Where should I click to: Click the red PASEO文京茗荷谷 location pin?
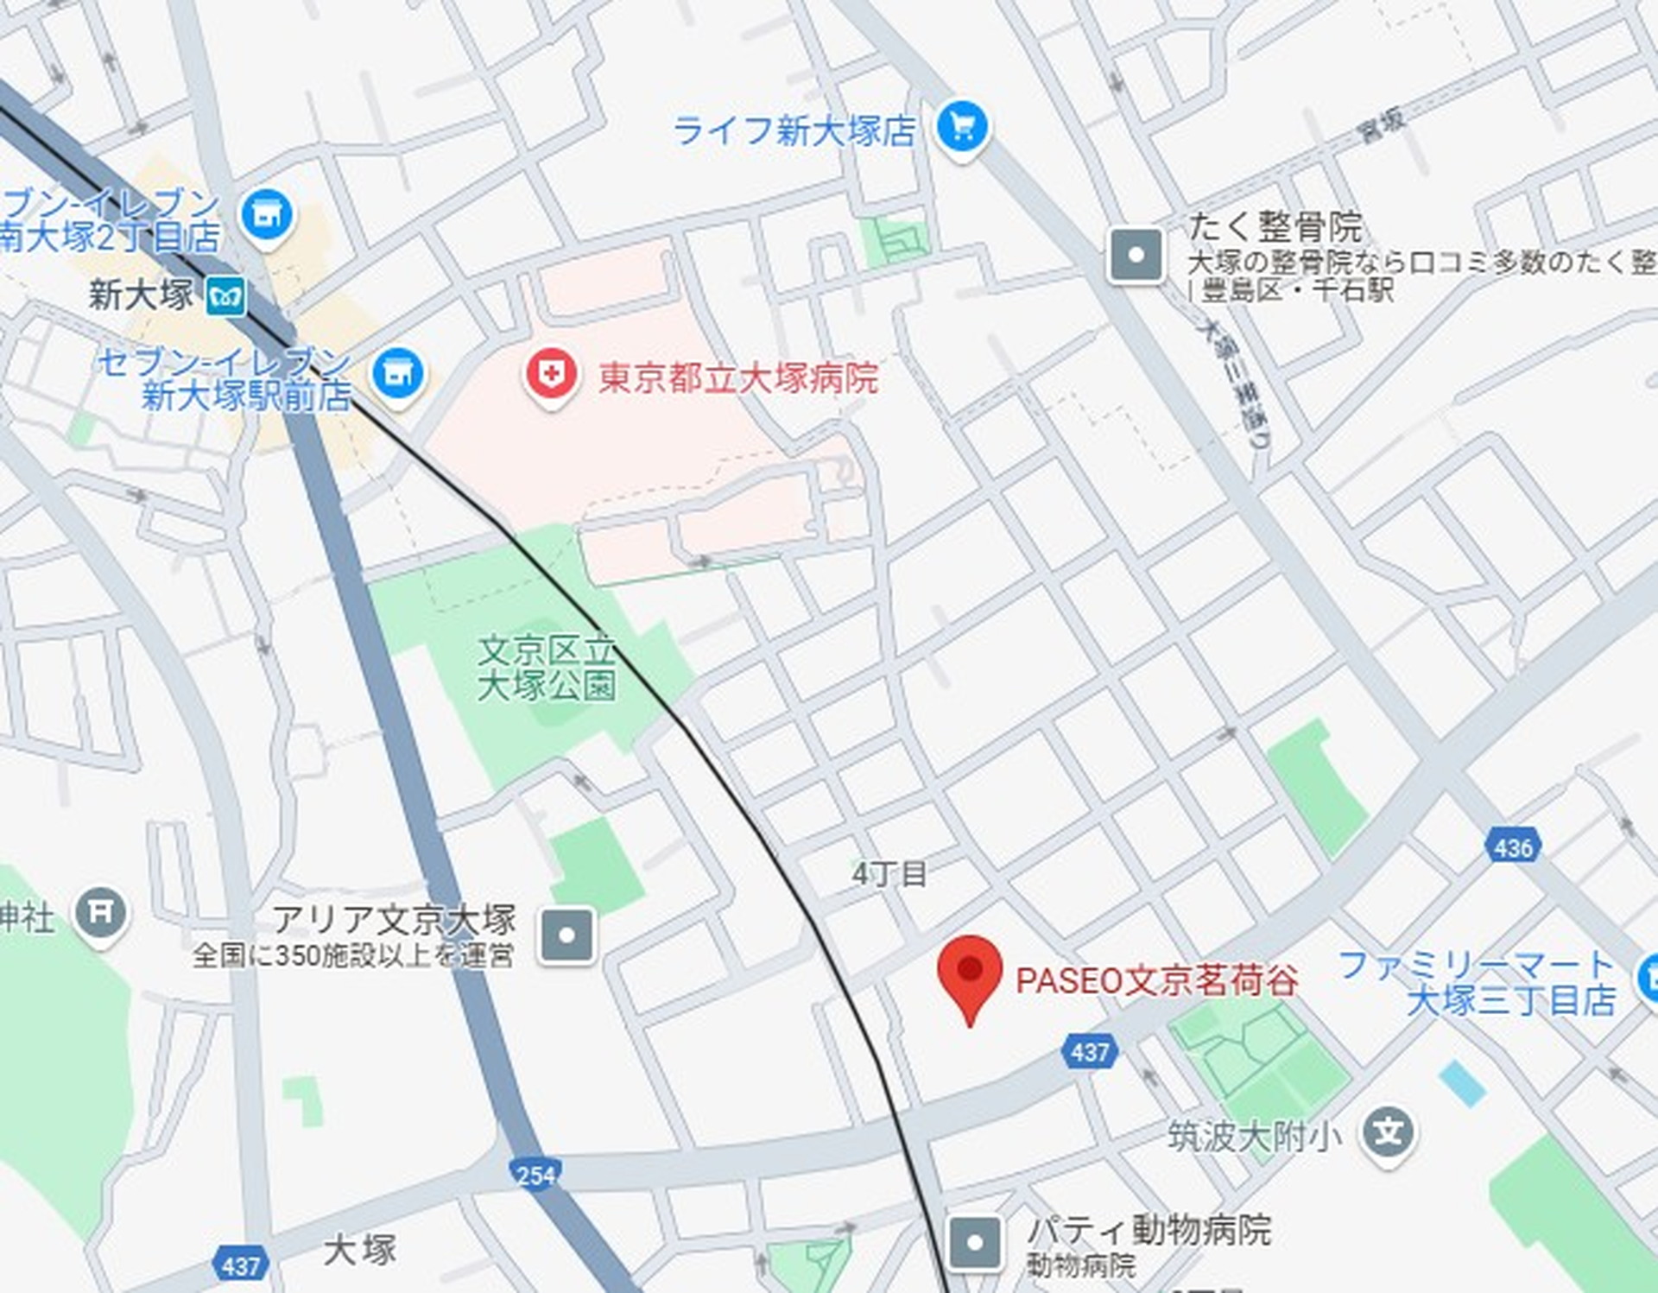pos(970,972)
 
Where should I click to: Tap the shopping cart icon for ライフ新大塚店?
pos(962,128)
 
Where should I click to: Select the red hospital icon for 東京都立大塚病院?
pos(551,375)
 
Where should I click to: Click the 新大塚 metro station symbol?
pos(226,297)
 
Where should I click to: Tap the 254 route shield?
pos(535,1175)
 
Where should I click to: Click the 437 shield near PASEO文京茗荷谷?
pos(1090,1051)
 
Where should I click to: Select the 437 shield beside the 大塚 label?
pos(241,1266)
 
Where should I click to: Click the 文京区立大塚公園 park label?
pos(547,669)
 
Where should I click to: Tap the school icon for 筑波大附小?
pos(1388,1132)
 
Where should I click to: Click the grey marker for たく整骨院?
pos(1136,255)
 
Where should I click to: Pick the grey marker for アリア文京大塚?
pos(566,935)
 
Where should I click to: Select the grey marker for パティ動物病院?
pos(975,1243)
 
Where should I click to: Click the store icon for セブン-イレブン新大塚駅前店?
pos(397,374)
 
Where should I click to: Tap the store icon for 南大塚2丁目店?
pos(267,214)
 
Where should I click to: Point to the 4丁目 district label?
pos(889,874)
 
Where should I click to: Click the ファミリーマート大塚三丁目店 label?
pos(1477,983)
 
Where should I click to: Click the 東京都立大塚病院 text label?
pos(738,378)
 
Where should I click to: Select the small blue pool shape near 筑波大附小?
pos(1462,1083)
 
